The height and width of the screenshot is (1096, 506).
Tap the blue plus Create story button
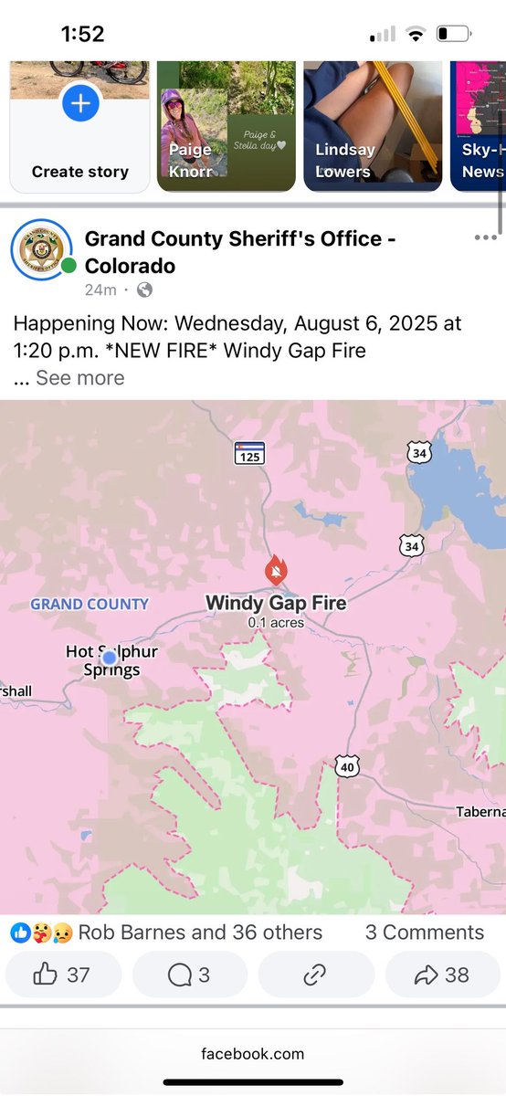pyautogui.click(x=80, y=104)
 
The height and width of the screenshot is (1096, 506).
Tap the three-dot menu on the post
pyautogui.click(x=485, y=238)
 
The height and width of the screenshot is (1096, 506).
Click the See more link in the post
pyautogui.click(x=79, y=378)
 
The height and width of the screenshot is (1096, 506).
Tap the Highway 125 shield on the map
pyautogui.click(x=249, y=453)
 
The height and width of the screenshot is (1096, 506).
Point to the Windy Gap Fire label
pyautogui.click(x=276, y=603)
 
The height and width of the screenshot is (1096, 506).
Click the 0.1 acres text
pyautogui.click(x=276, y=623)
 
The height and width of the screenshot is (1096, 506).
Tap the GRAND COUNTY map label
pyautogui.click(x=90, y=604)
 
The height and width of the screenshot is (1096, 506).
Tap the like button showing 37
pyautogui.click(x=63, y=975)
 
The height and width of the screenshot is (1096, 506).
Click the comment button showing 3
pyautogui.click(x=189, y=975)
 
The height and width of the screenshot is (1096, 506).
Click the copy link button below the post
pyautogui.click(x=315, y=975)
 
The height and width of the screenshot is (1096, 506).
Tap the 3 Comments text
pyautogui.click(x=425, y=933)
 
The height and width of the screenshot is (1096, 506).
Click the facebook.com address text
pyautogui.click(x=253, y=1054)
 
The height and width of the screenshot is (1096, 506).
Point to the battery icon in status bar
pyautogui.click(x=454, y=35)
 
